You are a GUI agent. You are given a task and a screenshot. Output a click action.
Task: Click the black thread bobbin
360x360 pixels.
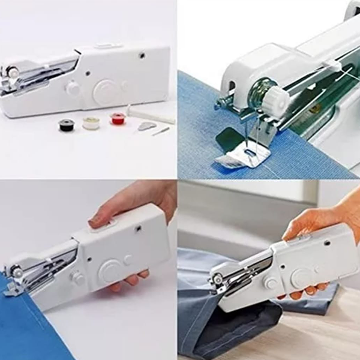click(x=65, y=124)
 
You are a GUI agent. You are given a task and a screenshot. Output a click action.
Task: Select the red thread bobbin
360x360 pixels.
click(x=118, y=119)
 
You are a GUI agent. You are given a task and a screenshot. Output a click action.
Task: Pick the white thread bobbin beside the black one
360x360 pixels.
click(x=91, y=122)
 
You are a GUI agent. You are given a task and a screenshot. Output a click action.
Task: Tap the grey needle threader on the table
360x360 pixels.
click(x=146, y=126)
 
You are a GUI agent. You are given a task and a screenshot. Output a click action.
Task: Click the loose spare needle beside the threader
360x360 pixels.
click(x=160, y=130)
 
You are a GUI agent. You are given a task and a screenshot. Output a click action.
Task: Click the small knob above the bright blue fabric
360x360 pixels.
click(x=77, y=278)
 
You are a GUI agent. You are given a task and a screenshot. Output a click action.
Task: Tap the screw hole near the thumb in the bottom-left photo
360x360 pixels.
click(x=138, y=229)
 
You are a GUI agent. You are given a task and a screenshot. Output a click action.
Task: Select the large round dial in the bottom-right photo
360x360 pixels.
click(x=299, y=275)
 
